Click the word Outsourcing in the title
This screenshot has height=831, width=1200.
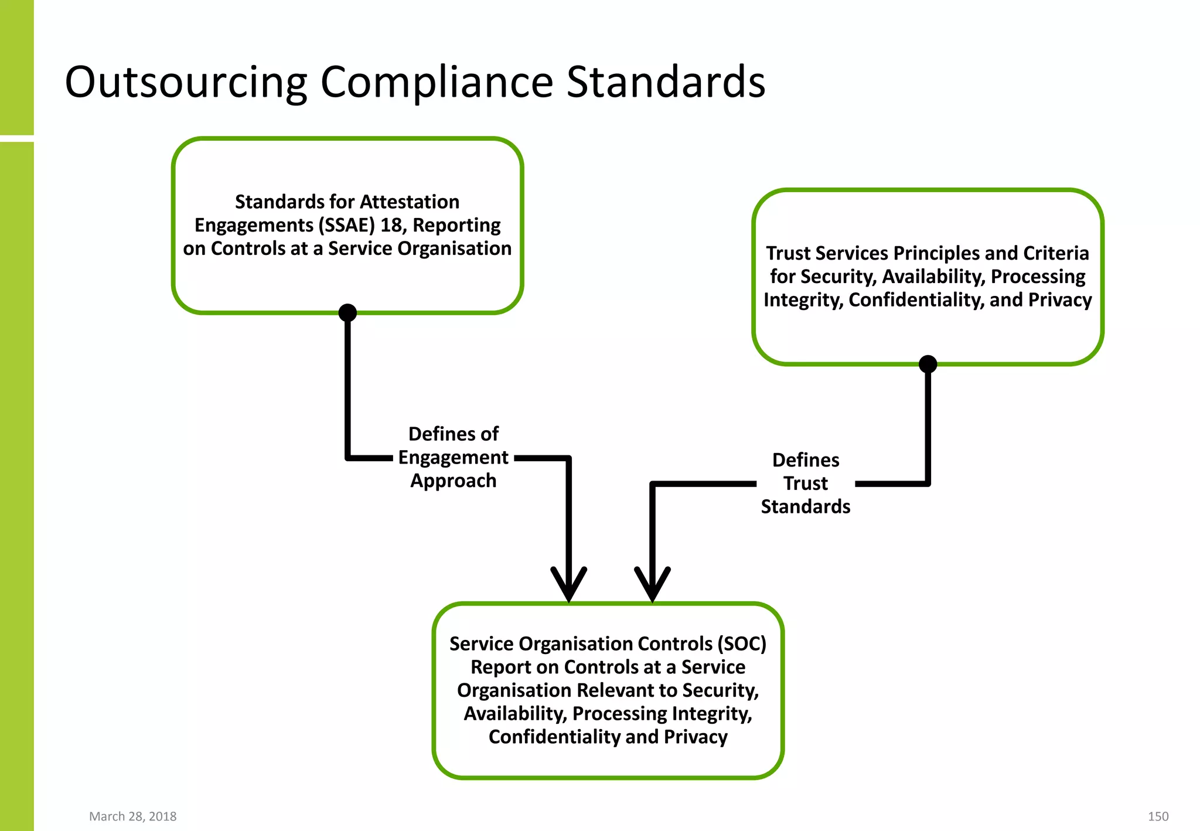coord(186,82)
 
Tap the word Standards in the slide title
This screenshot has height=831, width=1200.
coord(666,82)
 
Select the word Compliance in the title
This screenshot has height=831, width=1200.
coord(437,82)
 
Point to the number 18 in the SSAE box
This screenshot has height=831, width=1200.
coord(391,225)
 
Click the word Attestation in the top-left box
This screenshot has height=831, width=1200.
coord(410,202)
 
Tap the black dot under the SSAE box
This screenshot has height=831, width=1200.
coord(347,312)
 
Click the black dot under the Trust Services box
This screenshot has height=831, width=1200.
coord(928,364)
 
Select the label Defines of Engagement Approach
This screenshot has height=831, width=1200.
coord(453,457)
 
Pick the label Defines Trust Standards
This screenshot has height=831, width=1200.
coord(806,483)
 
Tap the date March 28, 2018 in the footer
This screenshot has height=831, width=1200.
coord(132,816)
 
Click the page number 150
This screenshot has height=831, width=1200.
coord(1158,816)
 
